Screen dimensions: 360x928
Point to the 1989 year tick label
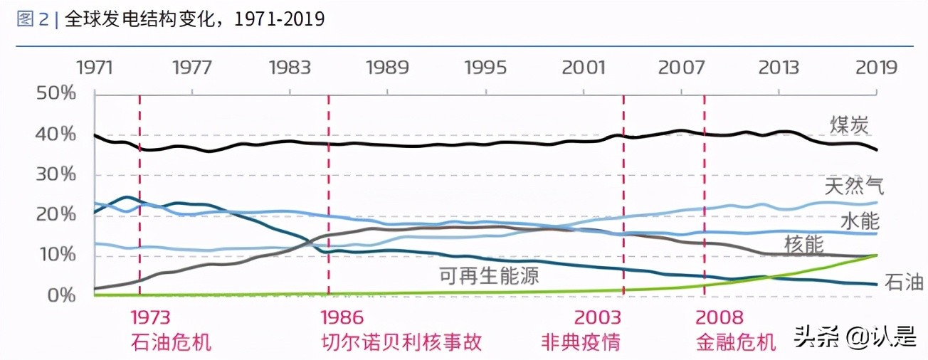coord(387,68)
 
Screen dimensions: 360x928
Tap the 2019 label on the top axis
coord(876,68)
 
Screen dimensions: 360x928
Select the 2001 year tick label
coord(583,68)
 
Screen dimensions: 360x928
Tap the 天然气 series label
coord(854,187)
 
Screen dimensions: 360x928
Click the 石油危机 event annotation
coord(172,342)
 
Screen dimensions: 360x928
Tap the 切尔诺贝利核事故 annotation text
coord(401,342)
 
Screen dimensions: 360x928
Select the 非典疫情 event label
coord(580,342)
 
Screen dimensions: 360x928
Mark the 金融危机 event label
coord(735,342)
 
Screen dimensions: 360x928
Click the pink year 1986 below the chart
coord(342,317)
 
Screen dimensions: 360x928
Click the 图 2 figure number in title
coord(33,19)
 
